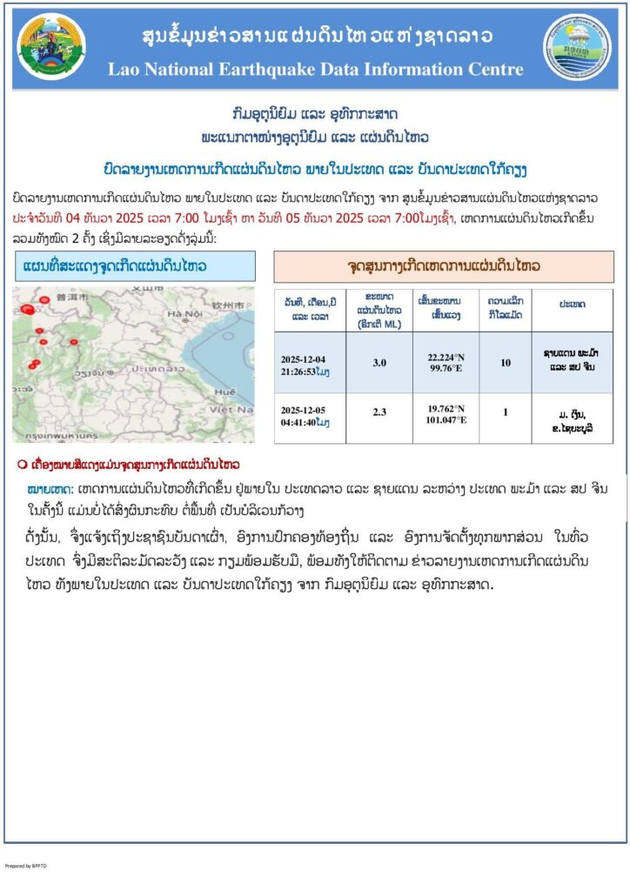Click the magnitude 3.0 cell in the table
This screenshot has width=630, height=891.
[379, 363]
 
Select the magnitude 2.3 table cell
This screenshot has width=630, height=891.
[379, 412]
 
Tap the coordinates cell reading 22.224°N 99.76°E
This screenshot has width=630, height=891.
[446, 362]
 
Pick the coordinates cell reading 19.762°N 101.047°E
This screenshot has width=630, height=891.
[446, 413]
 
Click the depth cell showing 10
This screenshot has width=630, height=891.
[506, 363]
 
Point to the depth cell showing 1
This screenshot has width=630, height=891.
[506, 412]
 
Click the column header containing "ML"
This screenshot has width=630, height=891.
[379, 311]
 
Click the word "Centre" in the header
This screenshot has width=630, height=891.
[493, 70]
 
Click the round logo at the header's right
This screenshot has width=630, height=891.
[578, 48]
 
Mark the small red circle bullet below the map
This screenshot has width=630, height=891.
[23, 464]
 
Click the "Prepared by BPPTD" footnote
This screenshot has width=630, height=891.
[28, 866]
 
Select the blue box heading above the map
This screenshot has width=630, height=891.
[134, 265]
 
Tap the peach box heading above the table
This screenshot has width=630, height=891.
[443, 265]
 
